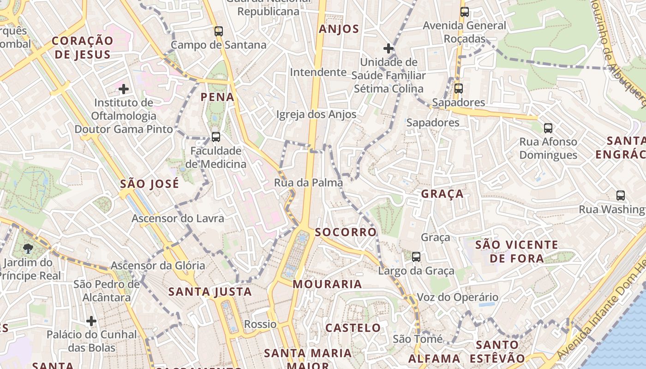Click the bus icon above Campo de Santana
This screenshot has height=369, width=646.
[219, 31]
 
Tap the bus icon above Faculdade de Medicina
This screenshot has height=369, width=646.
[215, 137]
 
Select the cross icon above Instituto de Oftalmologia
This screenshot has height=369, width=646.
[124, 89]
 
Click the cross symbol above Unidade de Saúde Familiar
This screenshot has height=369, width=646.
[389, 48]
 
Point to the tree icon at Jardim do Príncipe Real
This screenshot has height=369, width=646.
[29, 249]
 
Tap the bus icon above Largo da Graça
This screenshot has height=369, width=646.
[416, 257]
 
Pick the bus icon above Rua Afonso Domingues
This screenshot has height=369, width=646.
[548, 128]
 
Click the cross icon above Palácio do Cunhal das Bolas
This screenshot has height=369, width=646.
[91, 321]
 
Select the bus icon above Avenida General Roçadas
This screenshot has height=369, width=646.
[465, 12]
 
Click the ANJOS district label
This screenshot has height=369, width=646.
[339, 29]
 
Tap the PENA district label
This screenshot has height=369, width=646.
[217, 97]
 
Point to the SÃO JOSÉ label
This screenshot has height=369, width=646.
[150, 184]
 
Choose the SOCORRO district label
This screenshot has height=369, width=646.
[346, 232]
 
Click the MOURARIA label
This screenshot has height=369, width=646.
[327, 284]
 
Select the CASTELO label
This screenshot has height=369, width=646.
[353, 328]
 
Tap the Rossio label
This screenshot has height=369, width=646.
[260, 324]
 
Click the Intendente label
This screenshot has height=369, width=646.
[318, 72]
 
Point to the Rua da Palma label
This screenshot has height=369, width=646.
[308, 183]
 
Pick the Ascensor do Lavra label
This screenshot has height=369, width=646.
[178, 218]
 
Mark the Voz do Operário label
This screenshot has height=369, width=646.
[458, 297]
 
